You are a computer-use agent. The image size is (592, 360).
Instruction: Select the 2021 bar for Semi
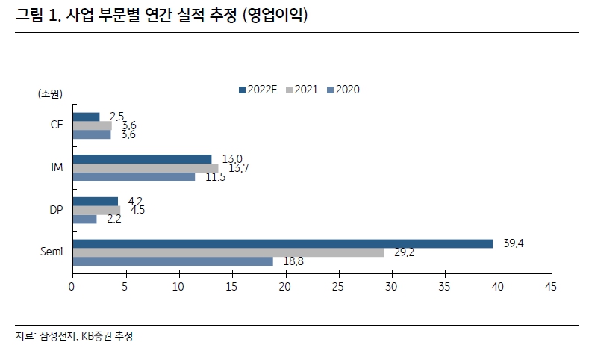(228, 252)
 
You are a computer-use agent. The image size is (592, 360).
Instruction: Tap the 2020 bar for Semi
(172, 261)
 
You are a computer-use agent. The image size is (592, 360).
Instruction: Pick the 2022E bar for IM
(142, 158)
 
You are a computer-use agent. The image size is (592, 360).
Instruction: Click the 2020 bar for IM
(134, 176)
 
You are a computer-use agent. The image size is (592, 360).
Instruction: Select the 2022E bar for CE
(86, 117)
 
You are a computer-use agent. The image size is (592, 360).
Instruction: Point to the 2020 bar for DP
(84, 219)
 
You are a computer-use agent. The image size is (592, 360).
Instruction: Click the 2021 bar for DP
(96, 210)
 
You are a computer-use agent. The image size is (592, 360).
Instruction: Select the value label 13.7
(239, 169)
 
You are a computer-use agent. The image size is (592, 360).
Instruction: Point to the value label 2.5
(116, 116)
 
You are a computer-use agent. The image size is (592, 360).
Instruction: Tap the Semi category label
(52, 252)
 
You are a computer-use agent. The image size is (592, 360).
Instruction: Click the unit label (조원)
(50, 93)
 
